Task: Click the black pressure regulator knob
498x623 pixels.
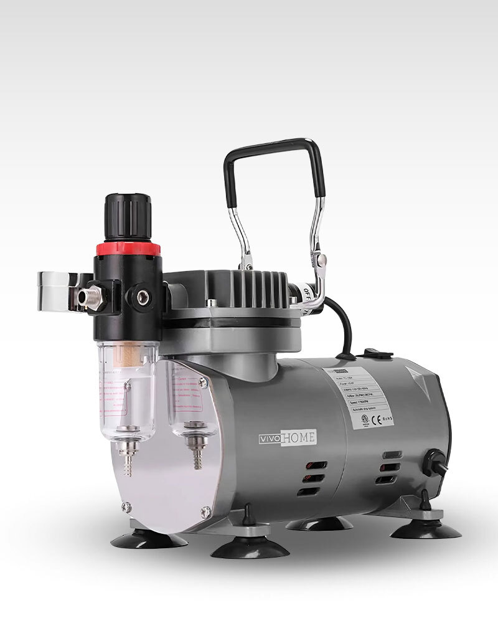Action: (128, 217)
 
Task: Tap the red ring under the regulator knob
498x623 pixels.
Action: (128, 248)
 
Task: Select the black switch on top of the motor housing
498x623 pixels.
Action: (372, 354)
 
